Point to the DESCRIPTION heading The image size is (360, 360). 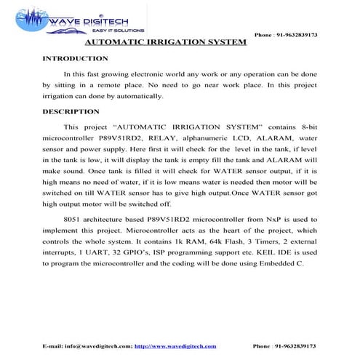[x=71, y=112]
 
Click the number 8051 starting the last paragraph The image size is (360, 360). [x=75, y=218]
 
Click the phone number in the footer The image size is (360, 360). [x=293, y=345]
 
